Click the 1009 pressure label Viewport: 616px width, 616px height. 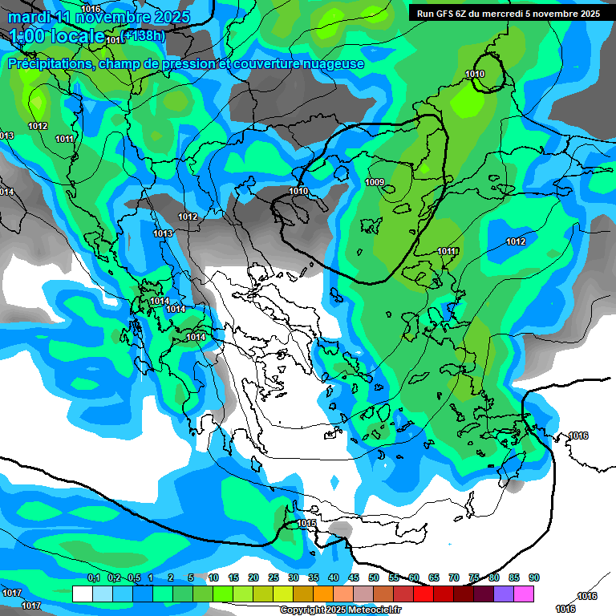pyautogui.click(x=375, y=182)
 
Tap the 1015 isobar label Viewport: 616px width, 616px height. pyautogui.click(x=306, y=523)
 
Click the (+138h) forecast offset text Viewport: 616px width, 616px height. pyautogui.click(x=145, y=35)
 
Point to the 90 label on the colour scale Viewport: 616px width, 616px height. pyautogui.click(x=534, y=577)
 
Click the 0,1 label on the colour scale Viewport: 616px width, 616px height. pyautogui.click(x=93, y=577)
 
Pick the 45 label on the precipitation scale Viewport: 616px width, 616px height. pyautogui.click(x=354, y=577)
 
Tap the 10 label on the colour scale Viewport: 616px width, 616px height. pyautogui.click(x=213, y=577)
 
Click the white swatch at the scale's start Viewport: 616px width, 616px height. pyautogui.click(x=82, y=594)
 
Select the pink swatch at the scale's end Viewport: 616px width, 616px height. pyautogui.click(x=524, y=594)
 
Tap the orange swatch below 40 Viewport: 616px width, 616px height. pyautogui.click(x=323, y=594)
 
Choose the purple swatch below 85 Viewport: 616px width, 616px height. pyautogui.click(x=504, y=594)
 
